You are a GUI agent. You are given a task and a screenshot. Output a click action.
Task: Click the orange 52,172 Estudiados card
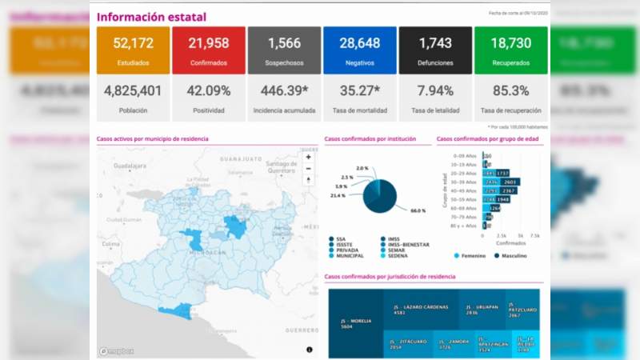(132, 50)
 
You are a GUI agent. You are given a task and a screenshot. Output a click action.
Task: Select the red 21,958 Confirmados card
(209, 50)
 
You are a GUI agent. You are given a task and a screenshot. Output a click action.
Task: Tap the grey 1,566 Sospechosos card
(284, 50)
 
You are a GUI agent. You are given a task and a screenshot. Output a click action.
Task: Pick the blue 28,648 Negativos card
(359, 50)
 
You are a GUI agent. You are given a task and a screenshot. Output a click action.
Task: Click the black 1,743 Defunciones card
(435, 50)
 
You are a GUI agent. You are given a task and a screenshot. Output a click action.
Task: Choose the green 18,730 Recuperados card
(510, 50)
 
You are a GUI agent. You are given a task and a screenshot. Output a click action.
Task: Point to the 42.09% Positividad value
(209, 91)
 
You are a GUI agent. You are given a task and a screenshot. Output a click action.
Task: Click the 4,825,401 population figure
(132, 91)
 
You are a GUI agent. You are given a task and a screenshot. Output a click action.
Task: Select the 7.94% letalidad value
(435, 91)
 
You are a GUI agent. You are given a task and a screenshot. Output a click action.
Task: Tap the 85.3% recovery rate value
(510, 91)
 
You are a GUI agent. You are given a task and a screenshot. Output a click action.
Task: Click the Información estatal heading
(151, 17)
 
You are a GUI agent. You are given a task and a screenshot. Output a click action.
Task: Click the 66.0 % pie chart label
(418, 210)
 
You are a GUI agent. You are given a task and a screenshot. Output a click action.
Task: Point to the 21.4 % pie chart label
(338, 195)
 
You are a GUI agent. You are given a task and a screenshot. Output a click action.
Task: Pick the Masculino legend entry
(520, 256)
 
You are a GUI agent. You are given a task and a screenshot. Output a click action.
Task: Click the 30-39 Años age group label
(465, 182)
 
